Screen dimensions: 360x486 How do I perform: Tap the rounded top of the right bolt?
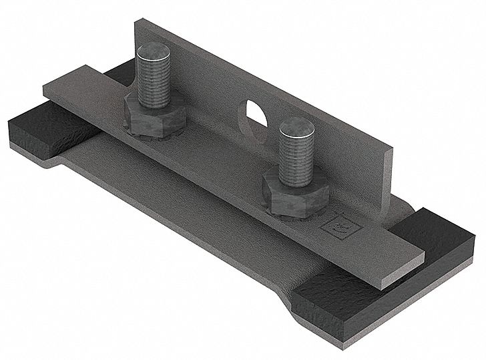coord(296,126)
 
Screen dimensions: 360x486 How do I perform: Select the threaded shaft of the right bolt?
coord(295,157)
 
